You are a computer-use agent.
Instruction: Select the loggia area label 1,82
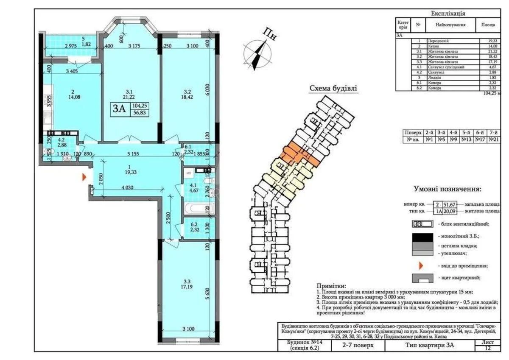coord(87,44)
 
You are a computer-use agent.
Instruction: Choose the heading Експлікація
coord(448,14)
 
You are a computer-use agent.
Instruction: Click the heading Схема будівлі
coord(333,89)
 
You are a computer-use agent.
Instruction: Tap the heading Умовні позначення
coord(447,190)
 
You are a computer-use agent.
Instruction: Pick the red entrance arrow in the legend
coord(422,266)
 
